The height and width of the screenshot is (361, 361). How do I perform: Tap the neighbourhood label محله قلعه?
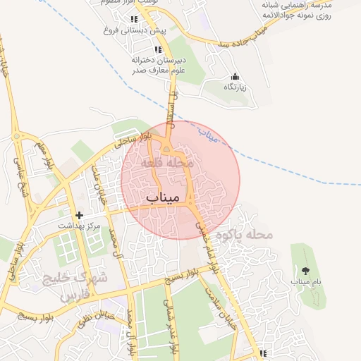coord(167,162)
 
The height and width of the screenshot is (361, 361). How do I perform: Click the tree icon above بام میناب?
coord(305,270)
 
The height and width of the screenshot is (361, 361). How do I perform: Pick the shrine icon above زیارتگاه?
coord(235,76)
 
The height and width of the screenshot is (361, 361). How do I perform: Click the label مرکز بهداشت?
coord(80,226)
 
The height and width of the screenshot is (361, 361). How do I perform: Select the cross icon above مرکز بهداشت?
coord(79,215)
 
